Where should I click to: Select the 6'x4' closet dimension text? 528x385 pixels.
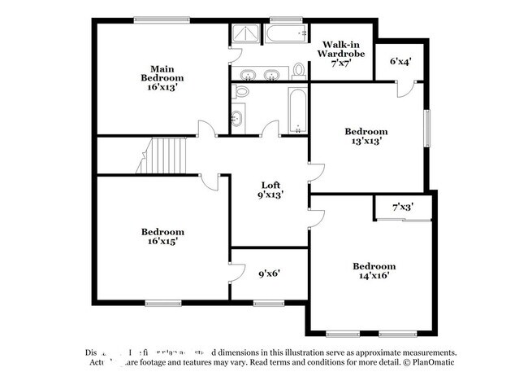pyautogui.click(x=400, y=61)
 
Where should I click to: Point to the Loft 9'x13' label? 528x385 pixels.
pyautogui.click(x=270, y=190)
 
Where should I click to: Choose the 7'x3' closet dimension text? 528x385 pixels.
pyautogui.click(x=402, y=208)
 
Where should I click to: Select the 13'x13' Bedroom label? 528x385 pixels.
pyautogui.click(x=366, y=135)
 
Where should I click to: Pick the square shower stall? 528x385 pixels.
pyautogui.click(x=244, y=34)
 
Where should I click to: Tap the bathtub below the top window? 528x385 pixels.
pyautogui.click(x=285, y=35)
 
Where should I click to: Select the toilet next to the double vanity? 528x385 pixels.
pyautogui.click(x=298, y=72)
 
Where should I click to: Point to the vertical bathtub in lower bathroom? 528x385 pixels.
pyautogui.click(x=297, y=112)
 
